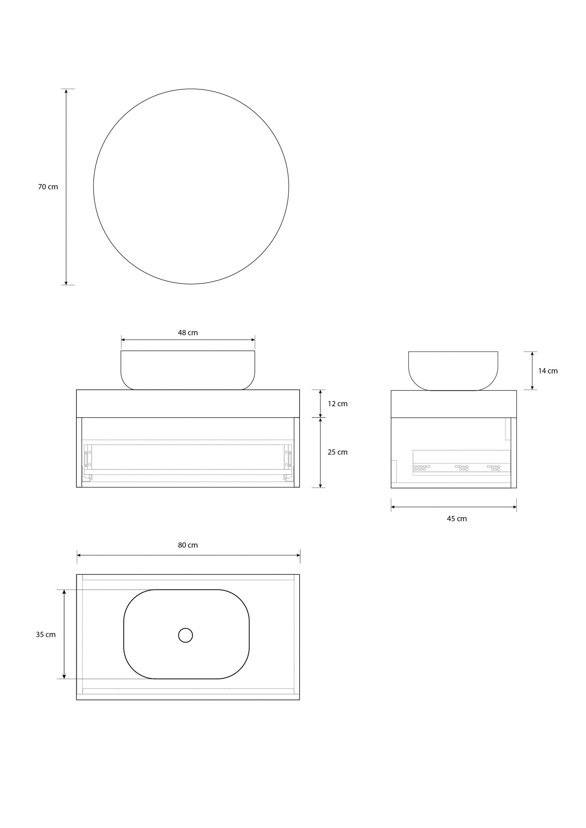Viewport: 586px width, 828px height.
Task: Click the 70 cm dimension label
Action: [x=48, y=187]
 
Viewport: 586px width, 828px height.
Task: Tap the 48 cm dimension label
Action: [x=188, y=332]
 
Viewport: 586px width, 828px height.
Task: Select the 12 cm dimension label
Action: [x=337, y=404]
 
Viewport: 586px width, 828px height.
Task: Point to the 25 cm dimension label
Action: [x=337, y=452]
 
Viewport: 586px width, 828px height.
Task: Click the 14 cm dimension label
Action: [x=548, y=371]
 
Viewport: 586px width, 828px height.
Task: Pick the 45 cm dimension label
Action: [x=457, y=518]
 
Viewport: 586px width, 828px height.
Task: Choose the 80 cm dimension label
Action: [x=188, y=545]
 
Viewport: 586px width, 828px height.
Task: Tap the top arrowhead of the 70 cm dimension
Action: [x=66, y=92]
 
